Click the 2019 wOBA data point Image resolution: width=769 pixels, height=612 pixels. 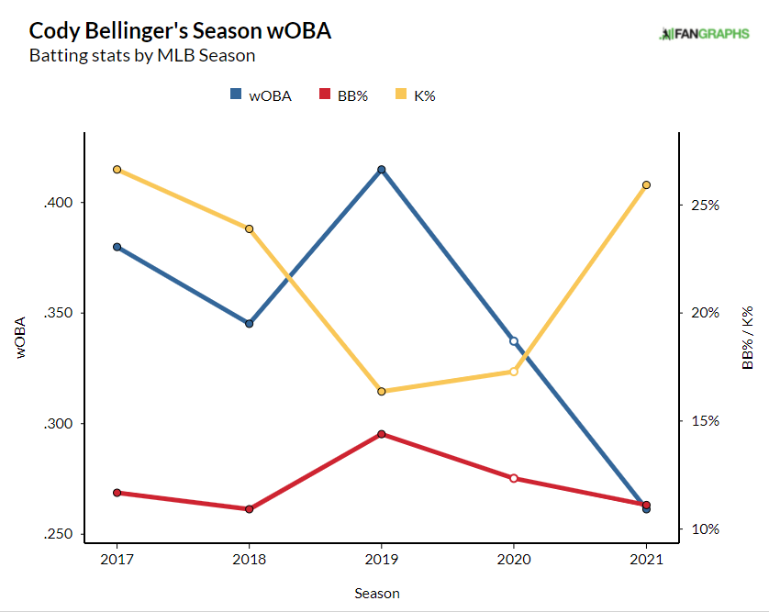pos(382,170)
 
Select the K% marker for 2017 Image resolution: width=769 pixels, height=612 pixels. pos(117,170)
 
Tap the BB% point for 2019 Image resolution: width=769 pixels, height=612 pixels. pos(382,434)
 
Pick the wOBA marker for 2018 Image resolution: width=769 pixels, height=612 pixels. pos(250,324)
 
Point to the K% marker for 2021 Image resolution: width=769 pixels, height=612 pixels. pos(647,185)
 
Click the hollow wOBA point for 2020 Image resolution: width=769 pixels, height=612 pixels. pos(514,341)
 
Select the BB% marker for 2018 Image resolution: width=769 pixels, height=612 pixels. pos(250,509)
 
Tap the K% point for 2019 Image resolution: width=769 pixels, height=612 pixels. pos(382,392)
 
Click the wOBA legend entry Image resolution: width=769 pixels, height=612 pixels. pos(261,95)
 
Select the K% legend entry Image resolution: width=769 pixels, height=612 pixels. pos(415,95)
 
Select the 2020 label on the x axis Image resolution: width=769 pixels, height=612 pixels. pos(514,559)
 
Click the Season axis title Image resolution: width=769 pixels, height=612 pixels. pos(377,594)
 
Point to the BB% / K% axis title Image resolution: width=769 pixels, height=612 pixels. pos(748,339)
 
